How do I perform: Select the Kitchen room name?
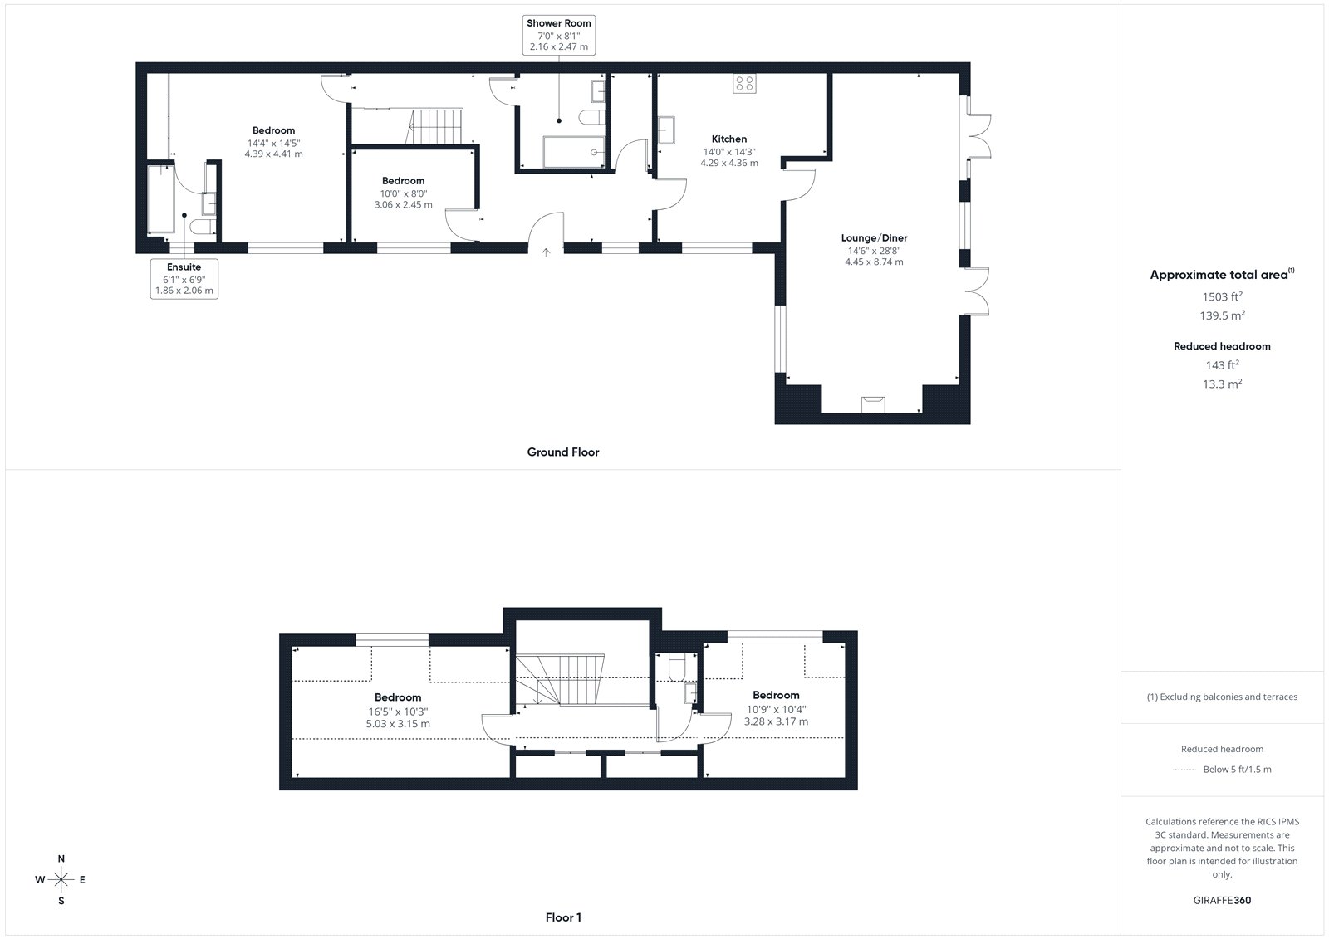click(729, 139)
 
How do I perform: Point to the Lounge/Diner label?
click(874, 238)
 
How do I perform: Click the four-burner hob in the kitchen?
click(744, 84)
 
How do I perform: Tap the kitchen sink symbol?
click(666, 130)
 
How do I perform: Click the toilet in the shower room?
click(591, 117)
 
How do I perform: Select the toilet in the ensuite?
click(204, 227)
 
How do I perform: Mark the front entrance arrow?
click(546, 252)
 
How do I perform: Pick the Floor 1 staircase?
click(560, 679)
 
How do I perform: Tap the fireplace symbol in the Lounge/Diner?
click(873, 404)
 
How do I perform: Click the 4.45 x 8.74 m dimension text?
click(874, 262)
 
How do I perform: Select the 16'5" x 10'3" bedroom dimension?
click(398, 712)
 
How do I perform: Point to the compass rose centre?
click(61, 879)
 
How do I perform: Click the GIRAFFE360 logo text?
click(1222, 900)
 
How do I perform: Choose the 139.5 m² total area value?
click(1222, 315)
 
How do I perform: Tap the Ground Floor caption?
click(563, 452)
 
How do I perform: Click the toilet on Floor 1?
click(677, 668)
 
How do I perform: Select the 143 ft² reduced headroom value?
click(1222, 364)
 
